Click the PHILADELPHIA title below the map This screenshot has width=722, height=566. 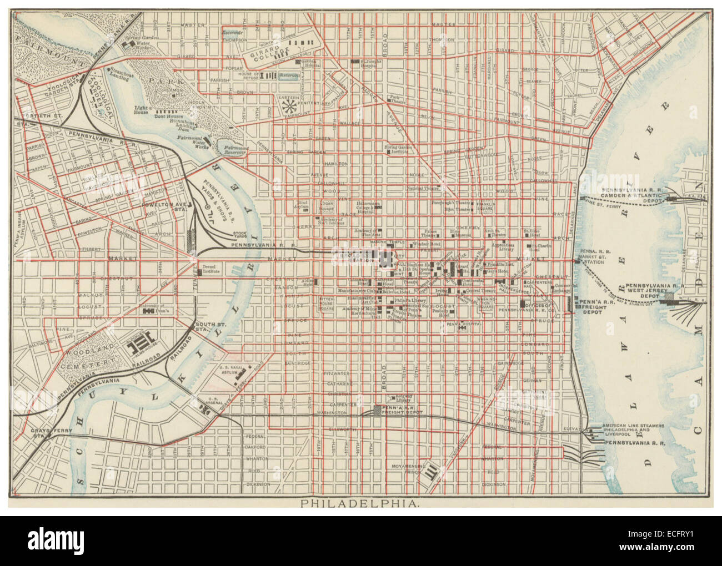click(x=360, y=504)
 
